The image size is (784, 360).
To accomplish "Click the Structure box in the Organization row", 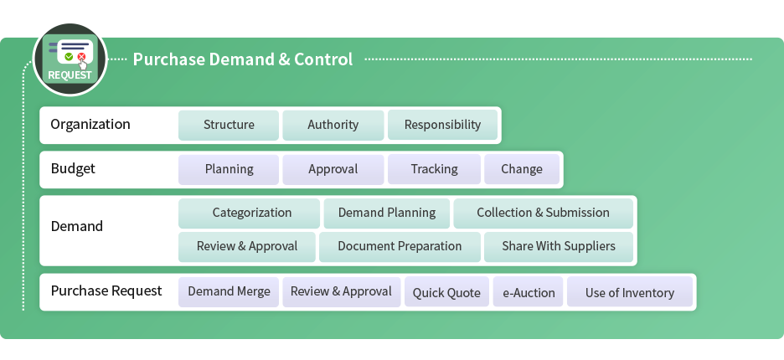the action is pyautogui.click(x=229, y=125).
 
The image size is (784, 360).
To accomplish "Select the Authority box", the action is pyautogui.click(x=333, y=125).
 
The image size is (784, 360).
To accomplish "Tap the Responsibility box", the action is pyautogui.click(x=442, y=125).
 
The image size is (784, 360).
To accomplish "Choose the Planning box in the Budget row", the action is pyautogui.click(x=229, y=169).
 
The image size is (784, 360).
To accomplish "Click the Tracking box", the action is pyautogui.click(x=434, y=169).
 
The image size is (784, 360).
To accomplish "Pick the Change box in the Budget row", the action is pyautogui.click(x=522, y=169).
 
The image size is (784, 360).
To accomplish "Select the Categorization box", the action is pyautogui.click(x=249, y=213).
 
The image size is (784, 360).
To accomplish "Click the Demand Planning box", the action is pyautogui.click(x=386, y=213).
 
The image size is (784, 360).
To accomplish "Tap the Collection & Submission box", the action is pyautogui.click(x=543, y=213).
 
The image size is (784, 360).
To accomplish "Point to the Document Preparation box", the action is pyautogui.click(x=400, y=246).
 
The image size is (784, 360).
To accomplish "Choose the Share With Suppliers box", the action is pyautogui.click(x=559, y=246).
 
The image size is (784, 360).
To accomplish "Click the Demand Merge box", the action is pyautogui.click(x=229, y=292).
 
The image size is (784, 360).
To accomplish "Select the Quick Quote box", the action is pyautogui.click(x=446, y=292).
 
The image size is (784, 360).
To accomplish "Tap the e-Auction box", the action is pyautogui.click(x=528, y=292).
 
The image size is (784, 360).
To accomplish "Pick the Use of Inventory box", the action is pyautogui.click(x=630, y=292).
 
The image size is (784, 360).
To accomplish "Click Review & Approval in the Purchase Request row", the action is pyautogui.click(x=342, y=292).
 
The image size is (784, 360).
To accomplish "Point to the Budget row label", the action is pyautogui.click(x=73, y=168).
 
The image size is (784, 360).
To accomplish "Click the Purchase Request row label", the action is pyautogui.click(x=106, y=291).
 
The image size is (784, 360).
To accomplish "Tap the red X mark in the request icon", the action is pyautogui.click(x=81, y=57).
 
